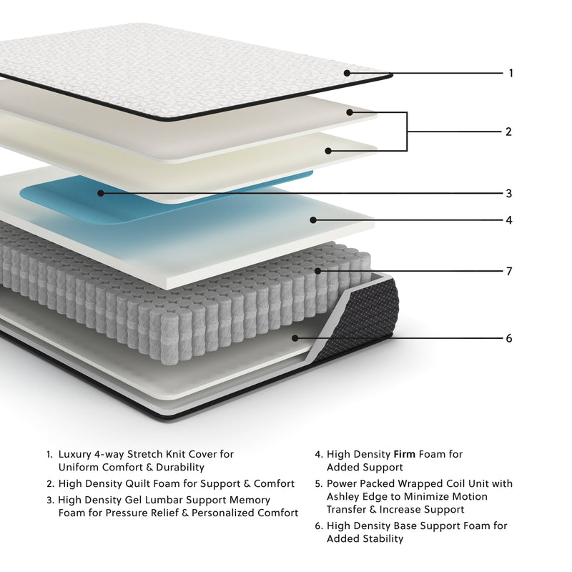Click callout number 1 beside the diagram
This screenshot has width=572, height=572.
point(511,73)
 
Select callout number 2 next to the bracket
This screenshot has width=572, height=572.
point(508,132)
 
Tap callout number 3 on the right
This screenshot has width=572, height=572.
point(508,193)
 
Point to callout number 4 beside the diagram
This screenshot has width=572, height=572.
point(508,220)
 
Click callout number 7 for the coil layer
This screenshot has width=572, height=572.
point(508,272)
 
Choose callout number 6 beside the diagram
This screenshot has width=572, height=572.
point(508,338)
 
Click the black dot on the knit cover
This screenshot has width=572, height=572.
point(347,73)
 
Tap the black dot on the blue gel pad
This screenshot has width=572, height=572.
point(101,193)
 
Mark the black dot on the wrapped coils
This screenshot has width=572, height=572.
point(318,272)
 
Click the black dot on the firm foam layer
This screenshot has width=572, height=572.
point(312,220)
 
